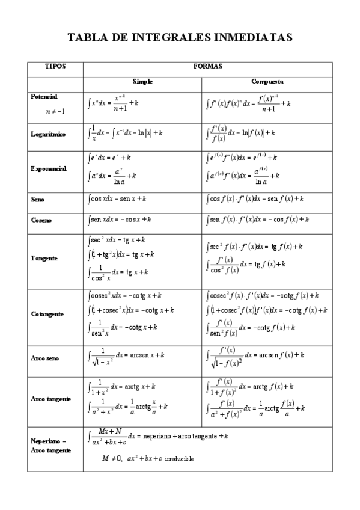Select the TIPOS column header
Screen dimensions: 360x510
pyautogui.click(x=55, y=66)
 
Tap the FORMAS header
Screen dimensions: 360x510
pyautogui.click(x=208, y=66)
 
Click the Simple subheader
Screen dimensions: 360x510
pyautogui.click(x=143, y=81)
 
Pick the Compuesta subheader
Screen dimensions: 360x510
pyautogui.click(x=267, y=81)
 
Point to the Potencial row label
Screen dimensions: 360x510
pyautogui.click(x=44, y=96)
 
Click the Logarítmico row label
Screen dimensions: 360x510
pyautogui.click(x=48, y=134)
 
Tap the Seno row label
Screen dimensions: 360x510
pyautogui.click(x=37, y=199)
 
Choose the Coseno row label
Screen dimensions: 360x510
pyautogui.click(x=40, y=220)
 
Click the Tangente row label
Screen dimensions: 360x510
pyautogui.click(x=44, y=258)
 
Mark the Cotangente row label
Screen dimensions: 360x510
pyautogui.click(x=47, y=314)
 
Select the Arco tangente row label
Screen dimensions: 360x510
pyautogui.click(x=50, y=399)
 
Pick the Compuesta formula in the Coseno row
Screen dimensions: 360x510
pyautogui.click(x=257, y=220)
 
